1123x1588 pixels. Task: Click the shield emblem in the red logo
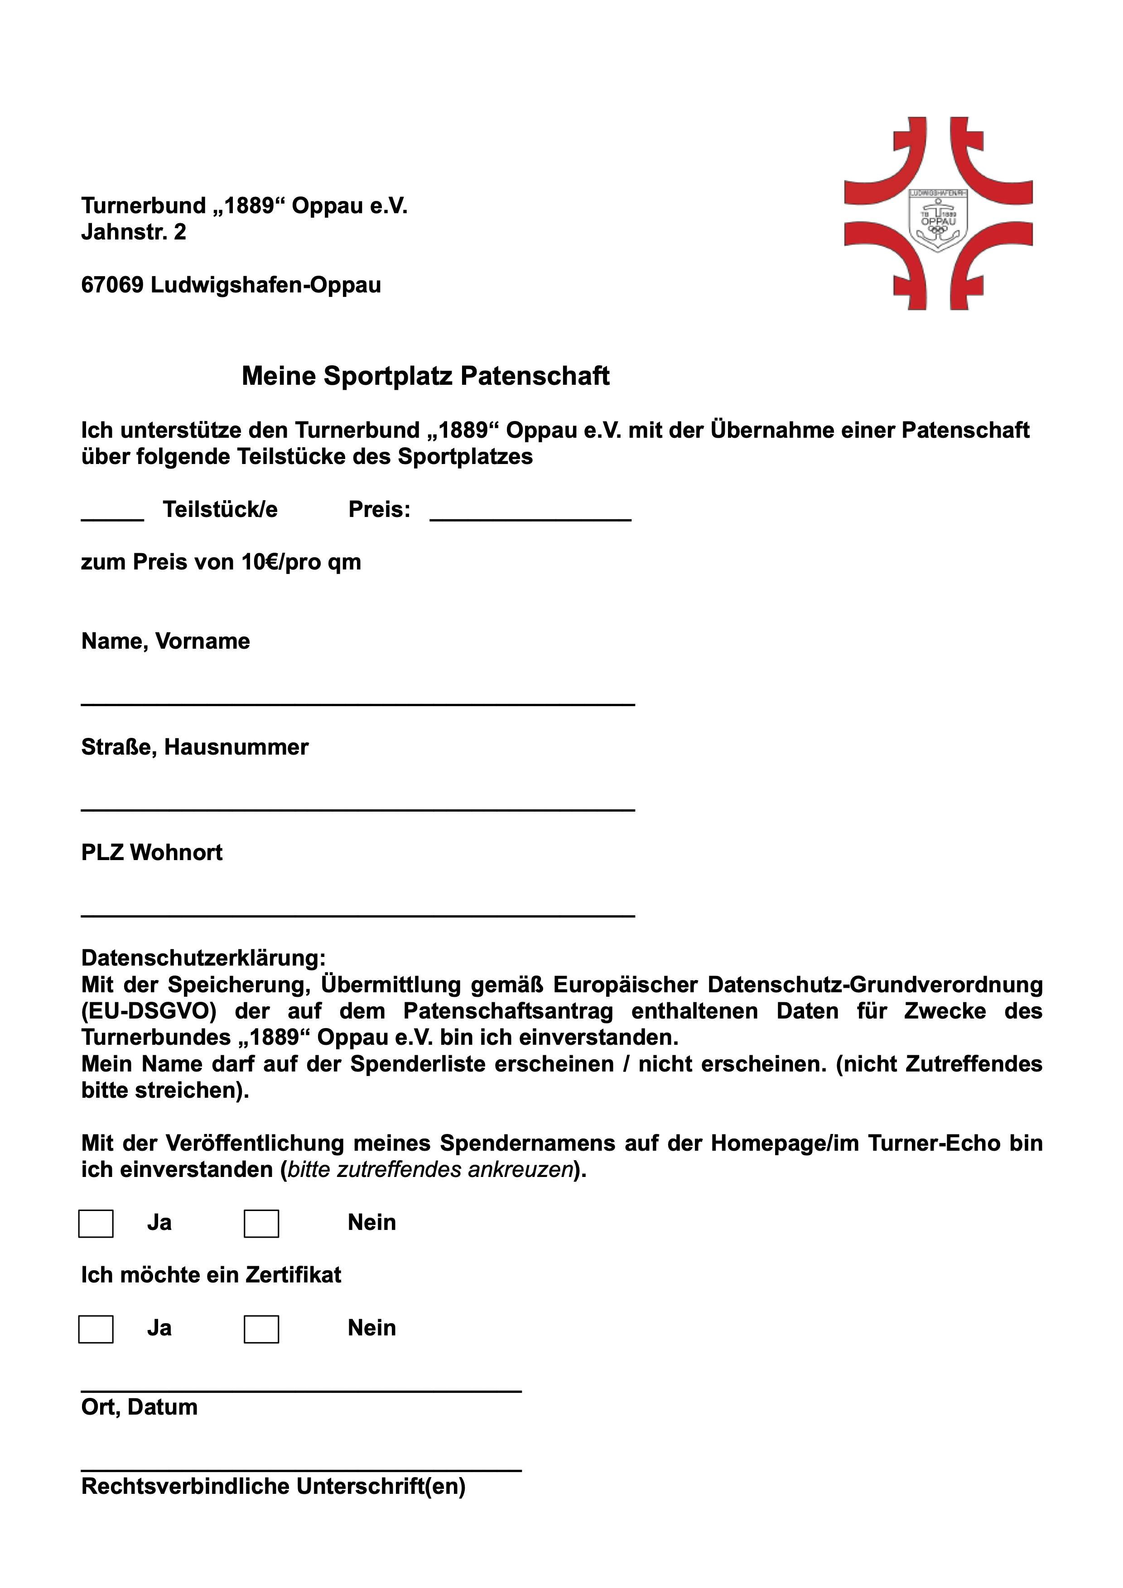(938, 220)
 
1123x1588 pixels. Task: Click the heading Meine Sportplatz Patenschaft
(425, 376)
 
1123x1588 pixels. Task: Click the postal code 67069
(112, 285)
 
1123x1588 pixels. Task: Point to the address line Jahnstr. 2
(134, 232)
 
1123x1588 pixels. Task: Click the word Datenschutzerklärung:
(203, 958)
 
